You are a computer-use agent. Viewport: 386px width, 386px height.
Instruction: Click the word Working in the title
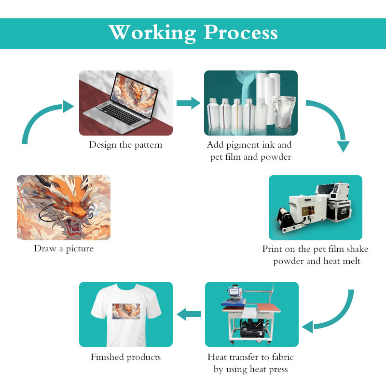152,33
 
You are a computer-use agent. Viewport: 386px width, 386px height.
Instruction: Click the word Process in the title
241,33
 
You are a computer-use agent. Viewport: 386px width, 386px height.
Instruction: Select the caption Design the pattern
125,145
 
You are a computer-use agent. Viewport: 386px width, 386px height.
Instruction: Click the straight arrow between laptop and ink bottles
188,103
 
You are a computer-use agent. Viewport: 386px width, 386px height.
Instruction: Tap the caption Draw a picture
64,249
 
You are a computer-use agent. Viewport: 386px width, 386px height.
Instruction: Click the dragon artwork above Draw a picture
64,207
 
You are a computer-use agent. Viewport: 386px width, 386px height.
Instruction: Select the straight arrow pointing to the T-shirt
189,315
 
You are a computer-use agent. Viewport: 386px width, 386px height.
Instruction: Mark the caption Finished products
125,358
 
